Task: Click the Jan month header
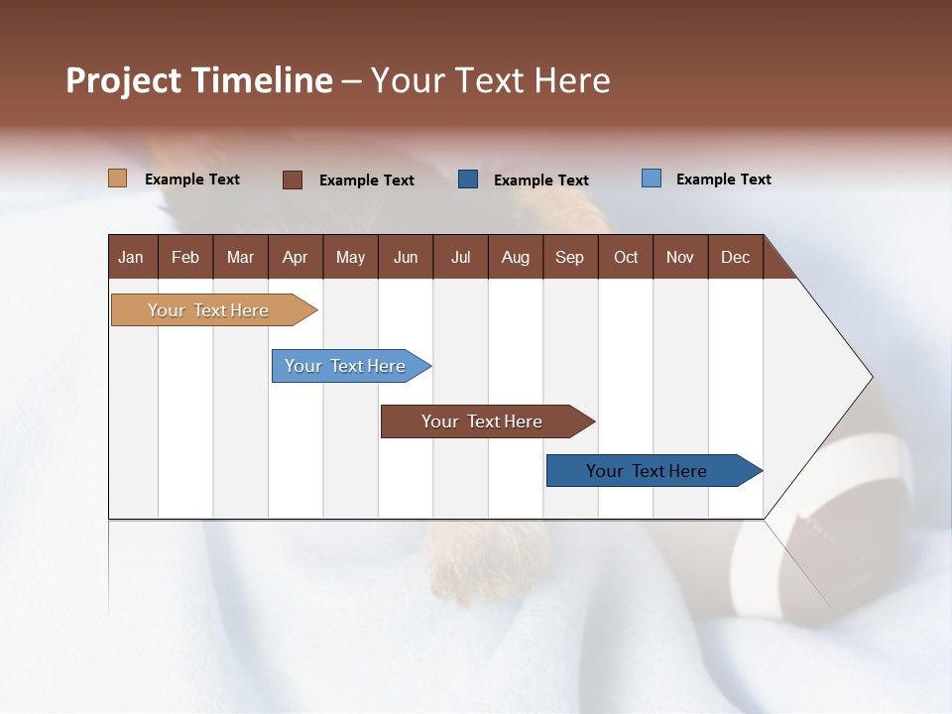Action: coord(131,257)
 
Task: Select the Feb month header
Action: coord(185,257)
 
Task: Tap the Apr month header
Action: coord(295,257)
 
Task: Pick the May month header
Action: coord(350,257)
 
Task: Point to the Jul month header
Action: coord(460,257)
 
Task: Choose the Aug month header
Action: coord(515,257)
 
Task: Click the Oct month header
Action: coord(626,257)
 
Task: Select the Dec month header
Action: coord(735,257)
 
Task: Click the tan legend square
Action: coord(117,178)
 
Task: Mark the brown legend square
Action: coord(293,179)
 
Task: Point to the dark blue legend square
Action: coord(468,179)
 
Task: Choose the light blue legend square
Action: coord(652,178)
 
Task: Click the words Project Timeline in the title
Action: coord(199,80)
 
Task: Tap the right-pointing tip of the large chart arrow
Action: coord(869,377)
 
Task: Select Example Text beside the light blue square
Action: coord(723,179)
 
